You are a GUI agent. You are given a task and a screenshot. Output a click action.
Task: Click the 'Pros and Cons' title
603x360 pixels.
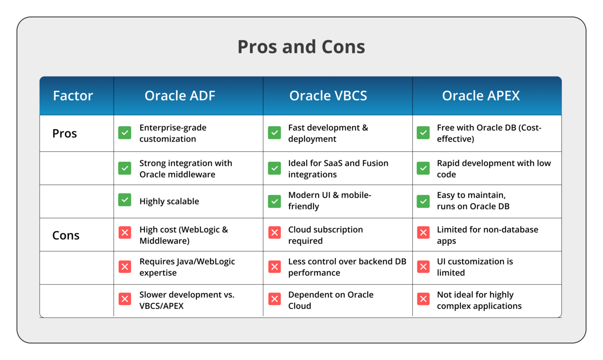(301, 47)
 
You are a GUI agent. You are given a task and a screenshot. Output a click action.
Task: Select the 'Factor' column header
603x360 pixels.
(73, 95)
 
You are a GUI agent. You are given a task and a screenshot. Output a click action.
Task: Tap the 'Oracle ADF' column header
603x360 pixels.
(180, 95)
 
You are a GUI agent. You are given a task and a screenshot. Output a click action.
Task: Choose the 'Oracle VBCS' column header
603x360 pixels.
(328, 95)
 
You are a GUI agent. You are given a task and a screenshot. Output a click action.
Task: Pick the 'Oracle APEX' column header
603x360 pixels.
(481, 95)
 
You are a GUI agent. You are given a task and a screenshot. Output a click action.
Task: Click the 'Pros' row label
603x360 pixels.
(64, 133)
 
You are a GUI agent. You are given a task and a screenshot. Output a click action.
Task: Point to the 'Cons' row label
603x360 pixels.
(66, 235)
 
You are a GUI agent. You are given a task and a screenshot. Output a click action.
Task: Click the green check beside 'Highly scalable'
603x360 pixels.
(125, 200)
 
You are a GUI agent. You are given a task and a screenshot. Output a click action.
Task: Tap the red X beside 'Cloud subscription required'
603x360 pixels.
(274, 233)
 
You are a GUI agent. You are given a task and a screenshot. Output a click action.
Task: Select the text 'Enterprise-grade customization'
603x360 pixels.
(173, 133)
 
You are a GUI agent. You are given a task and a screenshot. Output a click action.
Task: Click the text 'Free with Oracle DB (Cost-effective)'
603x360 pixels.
(489, 133)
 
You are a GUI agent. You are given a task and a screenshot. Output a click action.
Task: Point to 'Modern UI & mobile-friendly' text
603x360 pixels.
(329, 201)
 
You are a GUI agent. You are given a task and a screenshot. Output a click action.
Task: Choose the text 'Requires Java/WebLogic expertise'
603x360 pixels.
(187, 267)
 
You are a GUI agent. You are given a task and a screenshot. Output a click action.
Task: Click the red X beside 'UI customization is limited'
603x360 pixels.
(423, 266)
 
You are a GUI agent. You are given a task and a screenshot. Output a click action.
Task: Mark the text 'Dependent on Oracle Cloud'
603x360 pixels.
(331, 300)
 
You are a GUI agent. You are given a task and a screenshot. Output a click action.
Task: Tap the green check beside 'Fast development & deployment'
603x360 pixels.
(274, 132)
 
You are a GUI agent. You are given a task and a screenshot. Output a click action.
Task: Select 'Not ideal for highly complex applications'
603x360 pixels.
(479, 300)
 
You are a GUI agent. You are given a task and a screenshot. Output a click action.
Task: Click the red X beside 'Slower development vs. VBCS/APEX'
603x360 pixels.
(125, 299)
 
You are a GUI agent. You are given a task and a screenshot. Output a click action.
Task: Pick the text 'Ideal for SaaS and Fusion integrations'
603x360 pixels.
(338, 169)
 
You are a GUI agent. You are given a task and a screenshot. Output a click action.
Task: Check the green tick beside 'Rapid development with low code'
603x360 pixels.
(423, 168)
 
